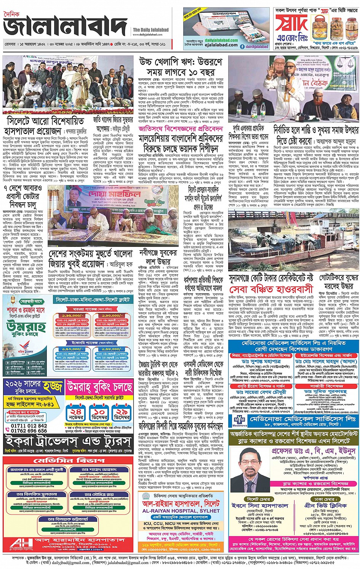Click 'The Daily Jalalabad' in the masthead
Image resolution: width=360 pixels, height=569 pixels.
(x=150, y=30)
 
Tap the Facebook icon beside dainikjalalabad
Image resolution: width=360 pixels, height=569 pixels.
(x=242, y=46)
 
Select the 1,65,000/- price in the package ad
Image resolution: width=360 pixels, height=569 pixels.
(x=72, y=316)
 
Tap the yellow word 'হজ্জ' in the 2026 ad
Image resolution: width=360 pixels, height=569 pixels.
(x=53, y=387)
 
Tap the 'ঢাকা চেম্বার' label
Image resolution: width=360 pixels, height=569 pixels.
(x=325, y=499)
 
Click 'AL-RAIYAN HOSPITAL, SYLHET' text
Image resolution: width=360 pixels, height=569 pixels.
(x=181, y=511)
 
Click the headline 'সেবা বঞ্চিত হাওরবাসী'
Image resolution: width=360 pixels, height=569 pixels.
(x=270, y=289)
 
